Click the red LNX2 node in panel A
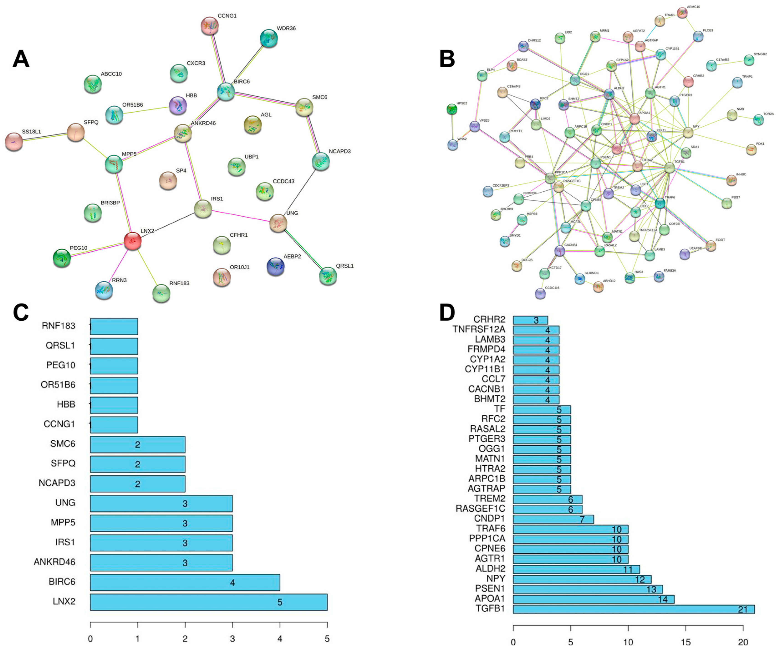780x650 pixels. tap(132, 241)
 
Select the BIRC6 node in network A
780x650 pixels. tap(226, 91)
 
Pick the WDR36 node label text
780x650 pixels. tap(286, 28)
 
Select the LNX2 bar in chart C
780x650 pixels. tap(208, 602)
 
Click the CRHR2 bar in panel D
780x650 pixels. tap(530, 320)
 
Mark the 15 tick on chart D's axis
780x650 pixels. tap(686, 627)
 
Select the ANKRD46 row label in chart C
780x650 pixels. tap(55, 562)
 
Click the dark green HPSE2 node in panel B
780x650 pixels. tap(452, 109)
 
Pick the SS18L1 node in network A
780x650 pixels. tap(14, 142)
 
